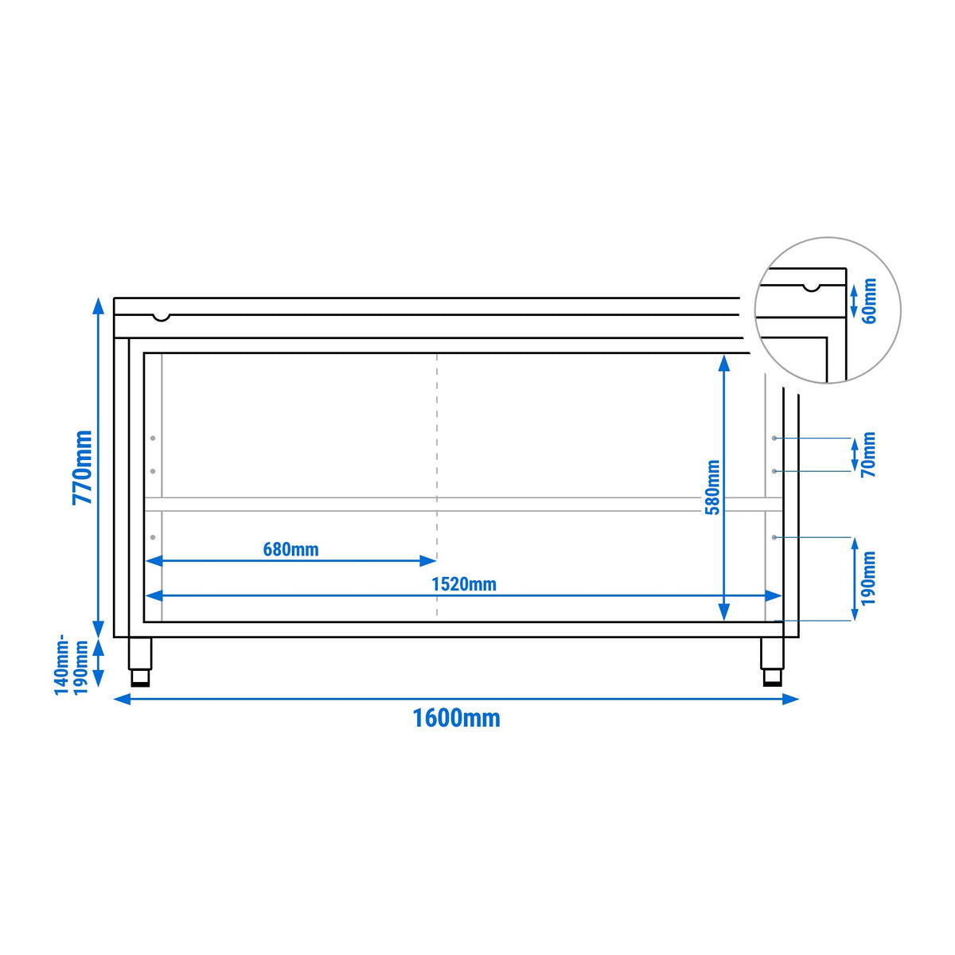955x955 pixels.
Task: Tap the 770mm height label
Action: (82, 467)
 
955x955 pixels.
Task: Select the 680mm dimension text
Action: (290, 550)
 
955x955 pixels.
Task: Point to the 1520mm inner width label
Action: (464, 584)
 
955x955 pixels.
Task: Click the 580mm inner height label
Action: (712, 488)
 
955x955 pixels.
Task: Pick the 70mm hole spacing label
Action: (869, 454)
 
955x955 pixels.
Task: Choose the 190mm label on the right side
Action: (869, 578)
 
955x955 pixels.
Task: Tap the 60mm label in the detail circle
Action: (869, 301)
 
